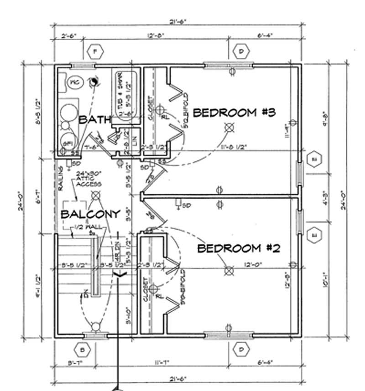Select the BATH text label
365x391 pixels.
[x=95, y=120]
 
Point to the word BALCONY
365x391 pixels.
[x=90, y=214]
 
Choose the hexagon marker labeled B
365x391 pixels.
[x=83, y=350]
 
